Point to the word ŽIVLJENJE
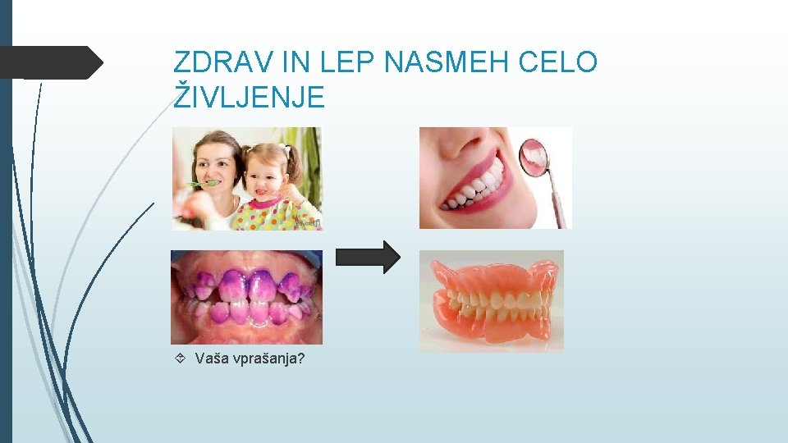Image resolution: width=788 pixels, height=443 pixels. click(x=250, y=98)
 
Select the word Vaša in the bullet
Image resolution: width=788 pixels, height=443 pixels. click(x=210, y=359)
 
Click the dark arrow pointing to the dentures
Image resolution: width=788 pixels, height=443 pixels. click(x=369, y=257)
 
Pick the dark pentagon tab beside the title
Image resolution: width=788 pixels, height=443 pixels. click(x=51, y=62)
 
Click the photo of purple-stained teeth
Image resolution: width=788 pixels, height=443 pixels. click(x=246, y=297)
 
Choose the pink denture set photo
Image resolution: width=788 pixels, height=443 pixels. click(x=492, y=300)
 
